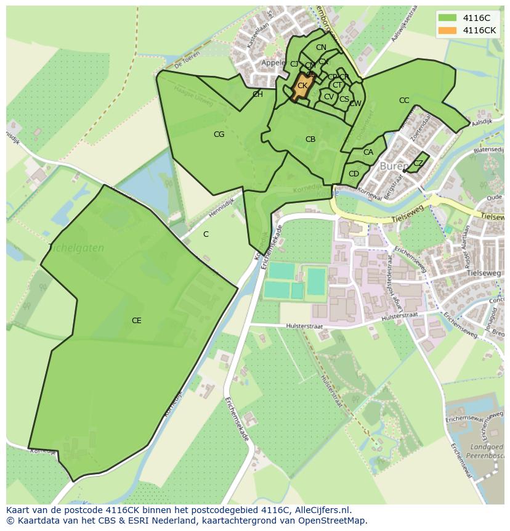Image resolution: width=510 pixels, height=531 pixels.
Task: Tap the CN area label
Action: pyautogui.click(x=321, y=47)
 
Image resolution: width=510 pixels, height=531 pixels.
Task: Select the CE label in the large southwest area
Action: pyautogui.click(x=136, y=321)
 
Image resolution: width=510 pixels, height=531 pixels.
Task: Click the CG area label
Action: pyautogui.click(x=219, y=134)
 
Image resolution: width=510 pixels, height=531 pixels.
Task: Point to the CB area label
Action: pyautogui.click(x=310, y=139)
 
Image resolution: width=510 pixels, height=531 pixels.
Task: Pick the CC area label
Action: pyautogui.click(x=404, y=101)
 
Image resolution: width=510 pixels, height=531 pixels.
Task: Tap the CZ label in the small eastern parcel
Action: pyautogui.click(x=418, y=163)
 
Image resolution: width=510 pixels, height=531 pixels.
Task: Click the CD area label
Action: pyautogui.click(x=354, y=174)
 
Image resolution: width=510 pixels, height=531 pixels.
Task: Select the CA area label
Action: pyautogui.click(x=368, y=152)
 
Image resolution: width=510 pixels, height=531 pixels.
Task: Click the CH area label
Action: pyautogui.click(x=257, y=94)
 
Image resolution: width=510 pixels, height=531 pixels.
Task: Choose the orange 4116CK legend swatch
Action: pyautogui.click(x=447, y=30)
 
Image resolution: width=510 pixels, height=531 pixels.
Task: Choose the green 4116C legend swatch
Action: pyautogui.click(x=447, y=18)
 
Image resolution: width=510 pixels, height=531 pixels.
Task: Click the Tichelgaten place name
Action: pyautogui.click(x=76, y=248)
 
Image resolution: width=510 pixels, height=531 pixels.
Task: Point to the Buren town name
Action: pyautogui.click(x=393, y=167)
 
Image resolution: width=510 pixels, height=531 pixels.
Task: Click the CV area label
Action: pyautogui.click(x=329, y=97)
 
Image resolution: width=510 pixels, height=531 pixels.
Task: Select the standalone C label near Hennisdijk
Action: pyautogui.click(x=206, y=234)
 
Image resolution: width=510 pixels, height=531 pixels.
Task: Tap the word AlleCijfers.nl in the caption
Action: pyautogui.click(x=320, y=511)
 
